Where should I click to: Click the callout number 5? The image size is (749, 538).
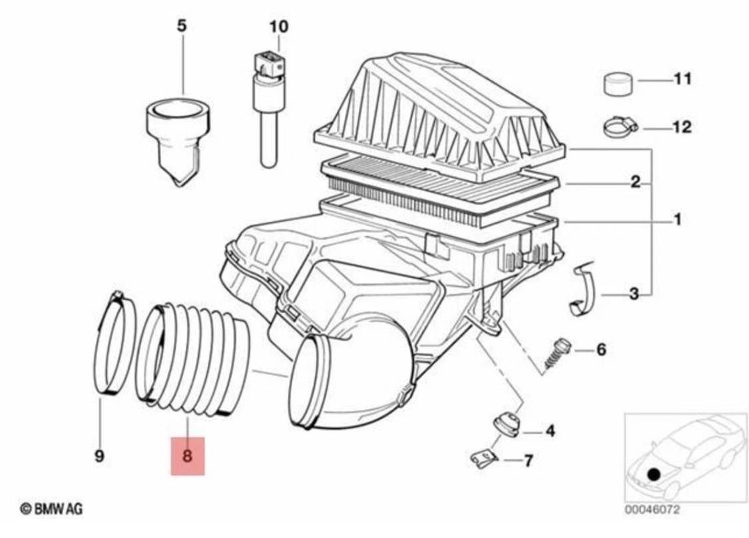pos(182,26)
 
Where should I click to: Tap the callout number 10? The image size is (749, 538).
pos(279,26)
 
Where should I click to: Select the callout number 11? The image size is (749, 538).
pos(682,79)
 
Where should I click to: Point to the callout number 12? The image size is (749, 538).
pos(682,127)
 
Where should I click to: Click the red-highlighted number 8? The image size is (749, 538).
pos(187,455)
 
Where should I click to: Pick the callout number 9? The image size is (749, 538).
pos(99,455)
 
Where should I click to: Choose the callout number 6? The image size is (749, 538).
pos(601,350)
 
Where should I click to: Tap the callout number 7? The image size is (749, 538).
pos(529,461)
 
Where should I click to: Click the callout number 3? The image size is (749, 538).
pos(634,294)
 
